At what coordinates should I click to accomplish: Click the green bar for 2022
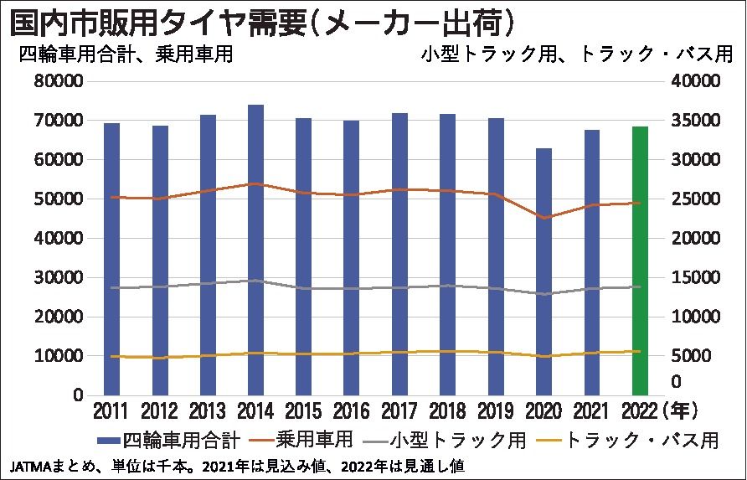(640, 260)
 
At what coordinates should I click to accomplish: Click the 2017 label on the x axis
(399, 411)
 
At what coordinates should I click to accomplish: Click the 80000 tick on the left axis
(59, 82)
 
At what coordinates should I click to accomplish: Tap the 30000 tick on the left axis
(59, 278)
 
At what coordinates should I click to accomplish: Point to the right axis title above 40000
(578, 55)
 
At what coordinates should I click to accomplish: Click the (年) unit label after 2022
(677, 411)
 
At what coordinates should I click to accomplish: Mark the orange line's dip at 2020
(544, 218)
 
